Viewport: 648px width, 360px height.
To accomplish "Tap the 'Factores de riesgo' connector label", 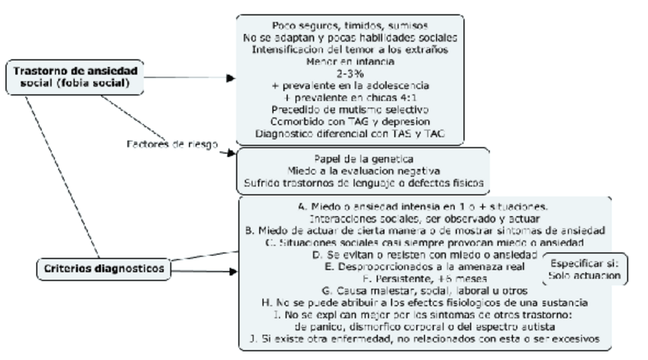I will pos(171,144).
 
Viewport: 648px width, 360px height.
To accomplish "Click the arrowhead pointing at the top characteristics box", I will pos(232,78).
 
